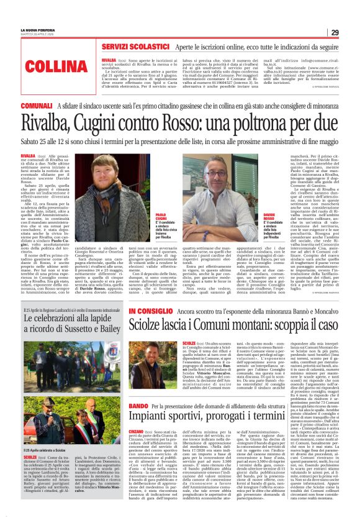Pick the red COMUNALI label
[x=37, y=106]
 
